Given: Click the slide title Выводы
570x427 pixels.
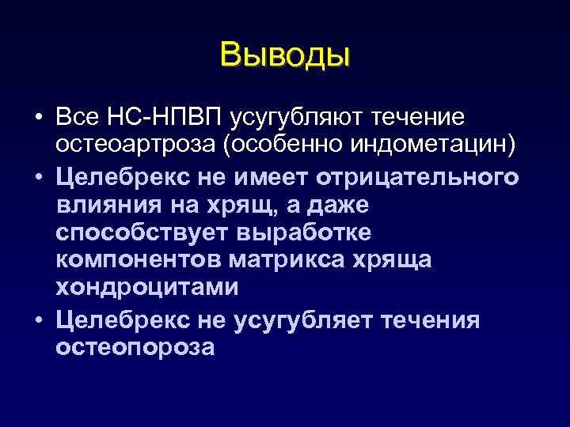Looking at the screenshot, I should click(285, 55).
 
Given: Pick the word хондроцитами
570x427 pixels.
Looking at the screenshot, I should click(146, 287).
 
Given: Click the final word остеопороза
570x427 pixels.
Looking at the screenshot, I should click(135, 347).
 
